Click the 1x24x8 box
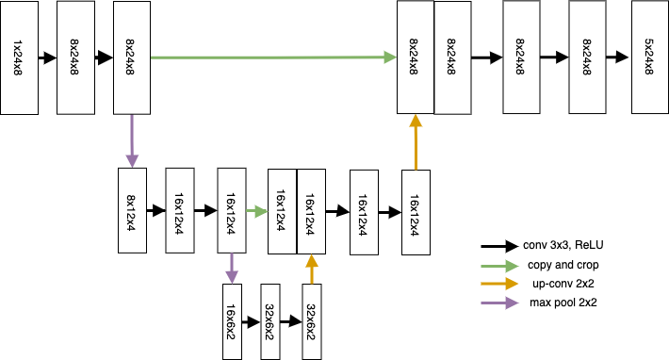19,57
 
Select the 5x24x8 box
649,57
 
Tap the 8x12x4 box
132,210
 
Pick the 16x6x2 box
231,320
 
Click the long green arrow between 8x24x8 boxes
273,57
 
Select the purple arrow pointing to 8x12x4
132,141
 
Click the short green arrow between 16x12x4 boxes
256,212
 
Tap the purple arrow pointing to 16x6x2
231,269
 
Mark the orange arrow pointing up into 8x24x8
416,141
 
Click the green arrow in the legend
499,267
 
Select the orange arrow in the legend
499,284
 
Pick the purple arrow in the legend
499,303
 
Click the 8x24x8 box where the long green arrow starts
132,57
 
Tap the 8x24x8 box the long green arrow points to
415,57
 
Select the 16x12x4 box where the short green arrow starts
231,210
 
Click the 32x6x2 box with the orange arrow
310,320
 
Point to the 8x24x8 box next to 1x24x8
75,57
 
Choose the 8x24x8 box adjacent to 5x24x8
588,57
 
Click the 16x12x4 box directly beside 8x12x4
179,210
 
